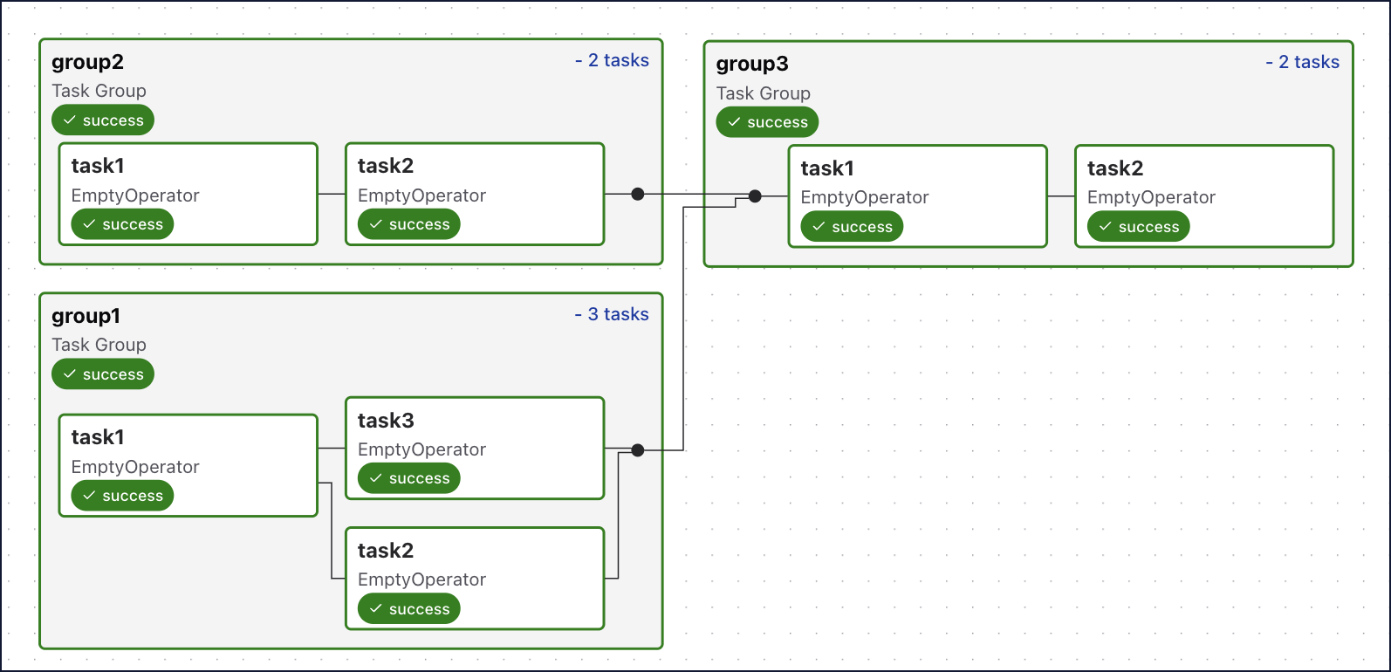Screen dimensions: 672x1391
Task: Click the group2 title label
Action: point(87,62)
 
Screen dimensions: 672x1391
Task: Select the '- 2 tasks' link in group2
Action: point(612,60)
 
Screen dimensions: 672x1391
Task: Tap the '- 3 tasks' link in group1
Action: point(612,314)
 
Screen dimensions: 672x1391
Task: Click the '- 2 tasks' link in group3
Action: point(1302,62)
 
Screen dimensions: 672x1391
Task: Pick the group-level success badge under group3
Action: point(767,122)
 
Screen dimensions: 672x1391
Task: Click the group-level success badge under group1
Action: point(103,374)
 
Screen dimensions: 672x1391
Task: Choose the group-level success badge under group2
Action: point(103,120)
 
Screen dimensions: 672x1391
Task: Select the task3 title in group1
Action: point(386,421)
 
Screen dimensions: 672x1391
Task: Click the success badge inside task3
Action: point(408,478)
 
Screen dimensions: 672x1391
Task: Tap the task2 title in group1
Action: point(386,551)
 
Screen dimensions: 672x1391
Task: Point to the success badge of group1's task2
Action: point(408,609)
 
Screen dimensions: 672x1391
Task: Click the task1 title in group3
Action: point(827,168)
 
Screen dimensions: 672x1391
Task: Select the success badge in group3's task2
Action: point(1138,227)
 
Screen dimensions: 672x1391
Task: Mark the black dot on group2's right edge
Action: point(638,194)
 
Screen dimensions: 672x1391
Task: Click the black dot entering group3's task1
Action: point(755,196)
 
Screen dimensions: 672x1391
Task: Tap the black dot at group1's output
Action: point(638,450)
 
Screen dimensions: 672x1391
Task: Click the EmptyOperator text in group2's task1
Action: point(135,195)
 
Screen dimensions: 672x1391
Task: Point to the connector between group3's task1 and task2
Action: point(1060,196)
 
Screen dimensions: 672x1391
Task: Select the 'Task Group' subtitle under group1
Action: point(99,345)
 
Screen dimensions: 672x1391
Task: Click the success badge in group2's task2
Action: point(408,224)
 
